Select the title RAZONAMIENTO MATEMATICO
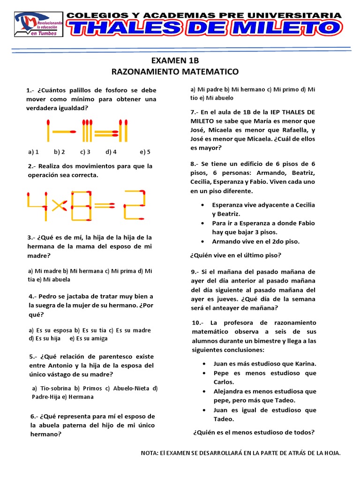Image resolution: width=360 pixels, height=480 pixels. click(175, 72)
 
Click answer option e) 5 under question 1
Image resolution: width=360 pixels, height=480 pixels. click(145, 152)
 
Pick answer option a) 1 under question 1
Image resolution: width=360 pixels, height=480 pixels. click(33, 152)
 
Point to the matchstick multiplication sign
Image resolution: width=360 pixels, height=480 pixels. click(59, 205)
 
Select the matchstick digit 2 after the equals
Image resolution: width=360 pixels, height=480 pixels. click(135, 205)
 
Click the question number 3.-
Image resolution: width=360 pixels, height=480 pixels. click(31, 238)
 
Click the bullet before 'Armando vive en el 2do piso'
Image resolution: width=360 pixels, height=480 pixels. click(202, 241)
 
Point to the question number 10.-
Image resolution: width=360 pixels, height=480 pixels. click(198, 323)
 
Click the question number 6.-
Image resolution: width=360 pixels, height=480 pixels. click(31, 416)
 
